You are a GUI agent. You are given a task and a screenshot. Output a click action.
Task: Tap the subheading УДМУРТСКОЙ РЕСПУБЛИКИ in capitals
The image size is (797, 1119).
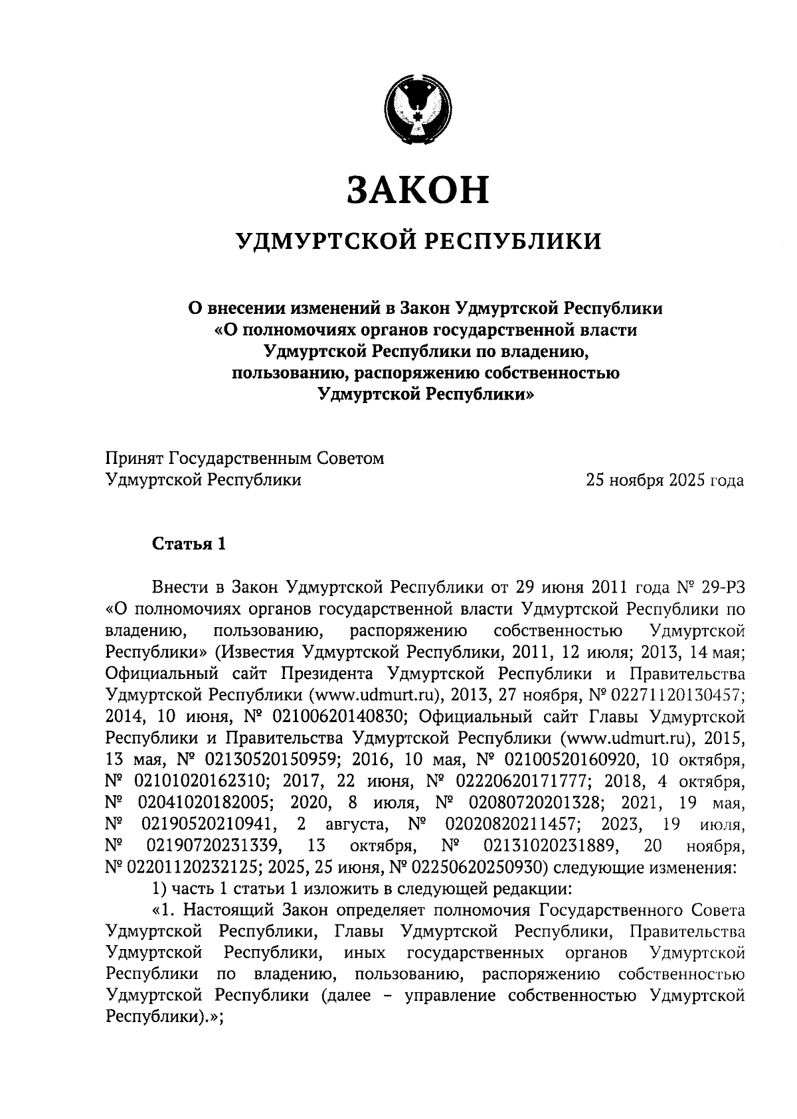click(420, 241)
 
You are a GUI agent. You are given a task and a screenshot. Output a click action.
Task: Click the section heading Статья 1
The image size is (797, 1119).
click(189, 544)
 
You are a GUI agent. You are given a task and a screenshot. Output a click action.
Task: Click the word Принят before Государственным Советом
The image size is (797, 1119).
click(134, 459)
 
